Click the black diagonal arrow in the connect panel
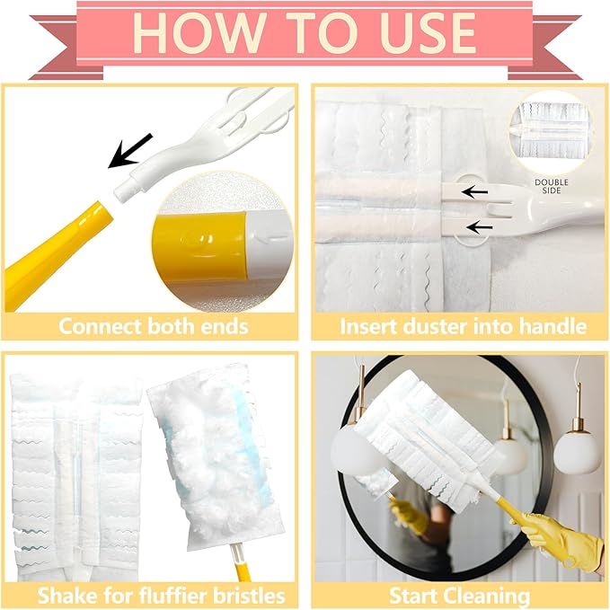point(130,151)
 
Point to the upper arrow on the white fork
point(474,191)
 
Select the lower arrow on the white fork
point(480,227)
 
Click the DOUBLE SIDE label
point(552,186)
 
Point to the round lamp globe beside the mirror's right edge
point(575,453)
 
